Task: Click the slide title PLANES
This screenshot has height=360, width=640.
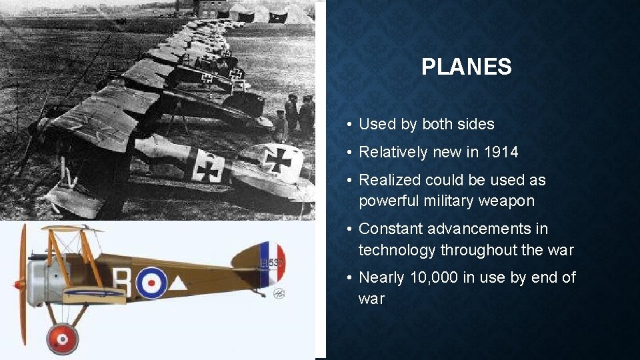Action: click(x=467, y=67)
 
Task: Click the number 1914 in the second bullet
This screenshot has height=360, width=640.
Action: click(x=501, y=152)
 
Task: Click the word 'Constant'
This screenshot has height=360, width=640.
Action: click(x=390, y=229)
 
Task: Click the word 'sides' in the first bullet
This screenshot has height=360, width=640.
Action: click(x=475, y=124)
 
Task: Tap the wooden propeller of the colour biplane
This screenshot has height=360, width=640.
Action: click(x=22, y=283)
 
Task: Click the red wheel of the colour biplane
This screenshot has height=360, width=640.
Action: click(x=62, y=339)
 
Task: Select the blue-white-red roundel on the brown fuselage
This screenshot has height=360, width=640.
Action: click(x=151, y=282)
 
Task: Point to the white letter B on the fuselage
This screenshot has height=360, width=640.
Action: click(x=123, y=281)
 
